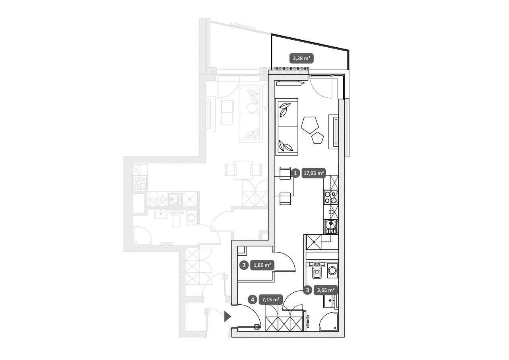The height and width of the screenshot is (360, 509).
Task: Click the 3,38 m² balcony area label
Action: pos(301,58)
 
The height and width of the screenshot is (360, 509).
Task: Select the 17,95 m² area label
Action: pos(314,173)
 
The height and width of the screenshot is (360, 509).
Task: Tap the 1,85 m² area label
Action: pos(262,265)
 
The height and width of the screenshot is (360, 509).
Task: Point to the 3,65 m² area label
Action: pos(326,290)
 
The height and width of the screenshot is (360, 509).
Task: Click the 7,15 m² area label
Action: pos(271,300)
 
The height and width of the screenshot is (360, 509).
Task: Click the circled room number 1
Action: pos(295,173)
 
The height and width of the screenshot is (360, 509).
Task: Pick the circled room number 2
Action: pos(244,265)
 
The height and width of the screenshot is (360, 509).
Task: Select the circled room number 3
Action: pos(308,290)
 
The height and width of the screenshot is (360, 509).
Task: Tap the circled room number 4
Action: pos(253,300)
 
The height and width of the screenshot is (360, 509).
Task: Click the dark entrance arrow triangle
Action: pos(227,316)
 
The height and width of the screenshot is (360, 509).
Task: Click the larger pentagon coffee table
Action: pos(310,125)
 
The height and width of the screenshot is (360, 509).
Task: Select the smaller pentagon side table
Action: pos(318,138)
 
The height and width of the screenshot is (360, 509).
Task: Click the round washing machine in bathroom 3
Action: pos(333,270)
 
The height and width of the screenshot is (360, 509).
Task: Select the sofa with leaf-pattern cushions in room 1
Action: pos(287,127)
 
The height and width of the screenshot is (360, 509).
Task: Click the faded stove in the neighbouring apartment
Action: pos(140,183)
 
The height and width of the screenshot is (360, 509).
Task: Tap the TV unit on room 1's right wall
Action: pos(334,132)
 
